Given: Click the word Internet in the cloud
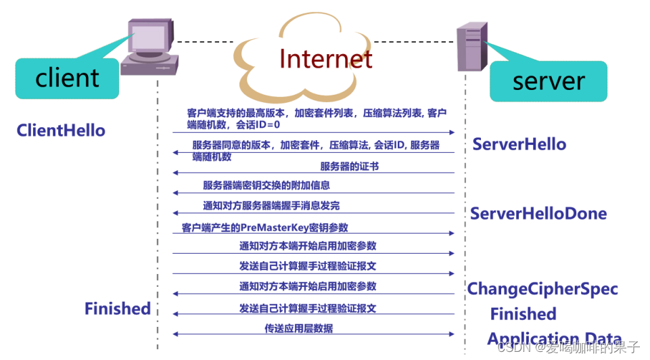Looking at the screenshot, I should pos(325,59).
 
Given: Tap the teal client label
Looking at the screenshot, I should pos(67,78).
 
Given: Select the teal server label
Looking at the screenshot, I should pos(548,81).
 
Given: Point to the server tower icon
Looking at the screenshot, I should pos(471,46).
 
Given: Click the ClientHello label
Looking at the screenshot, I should pos(61,130).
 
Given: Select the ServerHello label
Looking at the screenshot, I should pos(519,144).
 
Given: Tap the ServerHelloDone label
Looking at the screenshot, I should pos(538,214).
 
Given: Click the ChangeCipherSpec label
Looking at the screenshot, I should pos(542,289).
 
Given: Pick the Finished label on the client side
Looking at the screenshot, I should pos(117,309).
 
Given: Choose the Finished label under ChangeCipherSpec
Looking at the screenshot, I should pos(523,314).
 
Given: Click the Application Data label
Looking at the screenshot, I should pos(554,339).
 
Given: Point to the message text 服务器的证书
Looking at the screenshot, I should pos(349,166).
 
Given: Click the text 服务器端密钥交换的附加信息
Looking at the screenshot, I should pos(266,185).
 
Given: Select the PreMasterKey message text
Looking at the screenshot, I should pos(264,228).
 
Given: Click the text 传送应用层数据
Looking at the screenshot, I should pos(298,329).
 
